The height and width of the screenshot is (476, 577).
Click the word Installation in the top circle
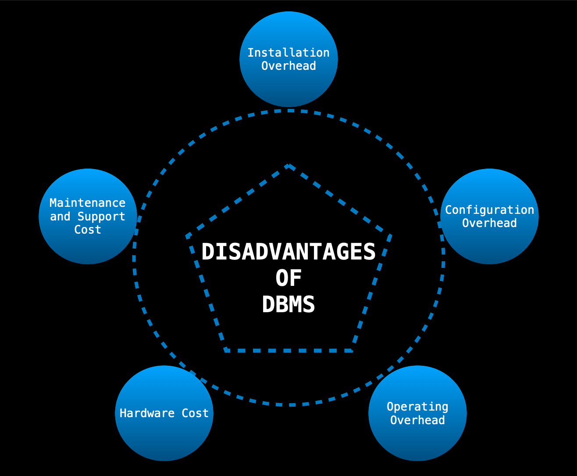(x=288, y=53)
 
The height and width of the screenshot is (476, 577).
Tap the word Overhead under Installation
(x=288, y=66)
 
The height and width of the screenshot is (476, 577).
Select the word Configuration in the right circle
(x=489, y=210)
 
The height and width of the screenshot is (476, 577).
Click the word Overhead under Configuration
(x=489, y=223)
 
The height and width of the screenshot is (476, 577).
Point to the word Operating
(x=417, y=407)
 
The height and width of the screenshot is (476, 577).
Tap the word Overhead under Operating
(x=417, y=420)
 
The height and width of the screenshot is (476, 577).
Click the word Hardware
(x=147, y=413)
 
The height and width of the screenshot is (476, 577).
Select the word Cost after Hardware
(x=195, y=413)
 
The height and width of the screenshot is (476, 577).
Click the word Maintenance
(x=87, y=203)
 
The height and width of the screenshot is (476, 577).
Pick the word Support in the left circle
(x=101, y=216)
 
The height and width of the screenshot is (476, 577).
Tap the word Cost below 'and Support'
(x=87, y=230)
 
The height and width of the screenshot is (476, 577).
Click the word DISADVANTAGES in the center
(x=288, y=252)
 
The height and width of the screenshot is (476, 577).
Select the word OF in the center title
(x=288, y=278)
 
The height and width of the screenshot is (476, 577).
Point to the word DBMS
(x=288, y=304)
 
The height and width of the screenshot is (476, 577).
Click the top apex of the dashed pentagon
(x=288, y=166)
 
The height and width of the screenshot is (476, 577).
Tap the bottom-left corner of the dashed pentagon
(x=226, y=350)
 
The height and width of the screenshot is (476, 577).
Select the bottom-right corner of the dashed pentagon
(x=352, y=350)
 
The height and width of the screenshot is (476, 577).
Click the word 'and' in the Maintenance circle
(x=60, y=216)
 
